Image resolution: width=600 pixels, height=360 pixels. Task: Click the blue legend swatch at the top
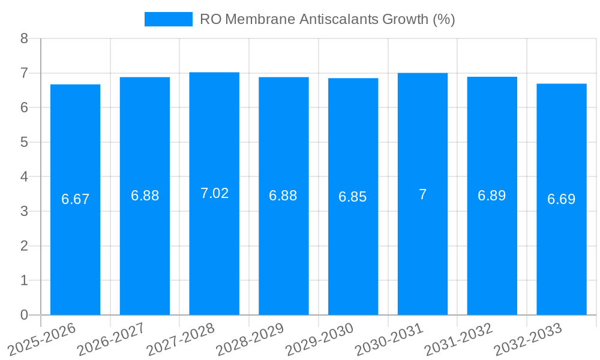click(168, 19)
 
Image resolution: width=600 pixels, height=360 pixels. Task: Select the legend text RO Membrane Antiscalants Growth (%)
click(327, 19)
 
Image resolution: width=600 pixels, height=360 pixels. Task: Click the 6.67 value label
click(75, 199)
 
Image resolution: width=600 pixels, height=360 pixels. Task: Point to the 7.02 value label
click(214, 193)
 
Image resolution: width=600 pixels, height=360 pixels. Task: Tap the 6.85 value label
click(353, 197)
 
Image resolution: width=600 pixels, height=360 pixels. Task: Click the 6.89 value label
click(492, 196)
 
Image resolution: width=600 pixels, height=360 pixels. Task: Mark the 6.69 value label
click(562, 199)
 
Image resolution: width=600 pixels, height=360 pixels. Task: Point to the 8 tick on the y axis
click(24, 38)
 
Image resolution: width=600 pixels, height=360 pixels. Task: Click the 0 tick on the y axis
click(24, 315)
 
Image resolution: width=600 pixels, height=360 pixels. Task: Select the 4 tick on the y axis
click(24, 177)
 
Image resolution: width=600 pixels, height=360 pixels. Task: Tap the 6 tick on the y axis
click(24, 108)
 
